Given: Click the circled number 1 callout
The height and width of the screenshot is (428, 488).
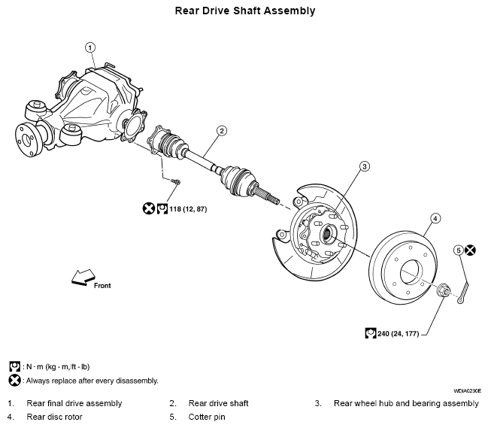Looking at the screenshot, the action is pyautogui.click(x=90, y=47).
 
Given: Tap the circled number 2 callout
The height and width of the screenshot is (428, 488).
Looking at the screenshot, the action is pyautogui.click(x=221, y=131).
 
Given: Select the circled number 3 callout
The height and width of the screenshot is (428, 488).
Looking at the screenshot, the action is pyautogui.click(x=365, y=166).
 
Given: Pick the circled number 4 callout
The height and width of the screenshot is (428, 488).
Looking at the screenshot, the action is pyautogui.click(x=435, y=219).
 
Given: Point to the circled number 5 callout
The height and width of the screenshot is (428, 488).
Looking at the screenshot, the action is pyautogui.click(x=459, y=250).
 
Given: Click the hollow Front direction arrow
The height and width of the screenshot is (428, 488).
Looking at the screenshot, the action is pyautogui.click(x=83, y=278).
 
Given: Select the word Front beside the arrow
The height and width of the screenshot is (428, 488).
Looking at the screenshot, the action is pyautogui.click(x=102, y=285).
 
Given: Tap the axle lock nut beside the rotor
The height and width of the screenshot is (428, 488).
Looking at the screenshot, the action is pyautogui.click(x=443, y=290).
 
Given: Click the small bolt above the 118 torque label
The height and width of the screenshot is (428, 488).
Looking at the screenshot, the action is pyautogui.click(x=175, y=181).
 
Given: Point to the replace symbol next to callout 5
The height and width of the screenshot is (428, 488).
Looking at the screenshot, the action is pyautogui.click(x=470, y=250).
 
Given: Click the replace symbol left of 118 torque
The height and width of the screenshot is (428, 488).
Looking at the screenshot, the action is pyautogui.click(x=148, y=208).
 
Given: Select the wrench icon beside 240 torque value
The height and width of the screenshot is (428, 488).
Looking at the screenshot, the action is pyautogui.click(x=371, y=333).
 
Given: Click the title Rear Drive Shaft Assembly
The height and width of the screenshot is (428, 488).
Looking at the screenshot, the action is pyautogui.click(x=245, y=11).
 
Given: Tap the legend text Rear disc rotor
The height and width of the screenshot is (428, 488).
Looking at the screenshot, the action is pyautogui.click(x=54, y=417).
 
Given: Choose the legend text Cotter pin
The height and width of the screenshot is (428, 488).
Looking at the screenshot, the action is pyautogui.click(x=207, y=417).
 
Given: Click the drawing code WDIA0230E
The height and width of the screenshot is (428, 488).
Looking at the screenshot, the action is pyautogui.click(x=467, y=390).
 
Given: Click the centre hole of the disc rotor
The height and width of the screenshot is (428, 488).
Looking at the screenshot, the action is pyautogui.click(x=411, y=273).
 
